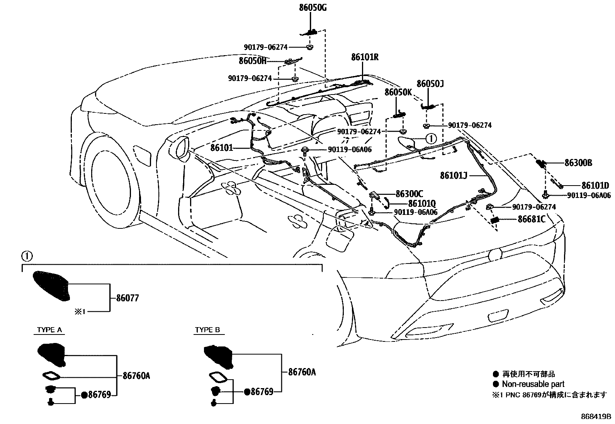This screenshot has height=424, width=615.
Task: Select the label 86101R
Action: [x=364, y=57]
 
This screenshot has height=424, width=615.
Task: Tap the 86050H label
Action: [x=252, y=61]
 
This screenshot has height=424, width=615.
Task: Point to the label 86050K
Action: [x=398, y=92]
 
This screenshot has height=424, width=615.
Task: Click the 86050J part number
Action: [x=430, y=84]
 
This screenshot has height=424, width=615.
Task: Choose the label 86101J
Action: [x=454, y=176]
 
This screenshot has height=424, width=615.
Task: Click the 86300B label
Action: [x=578, y=163]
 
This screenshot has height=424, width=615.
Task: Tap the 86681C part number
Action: [x=532, y=219]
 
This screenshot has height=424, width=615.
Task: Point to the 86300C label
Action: [x=409, y=194]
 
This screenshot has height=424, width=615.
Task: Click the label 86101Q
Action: [x=422, y=203]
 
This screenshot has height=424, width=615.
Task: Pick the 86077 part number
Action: [x=127, y=298]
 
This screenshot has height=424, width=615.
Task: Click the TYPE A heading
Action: [x=49, y=330]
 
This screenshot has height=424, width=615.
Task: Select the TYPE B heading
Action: [x=207, y=330]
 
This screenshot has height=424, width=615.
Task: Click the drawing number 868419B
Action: [x=596, y=417]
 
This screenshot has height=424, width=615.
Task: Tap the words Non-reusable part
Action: [x=533, y=384]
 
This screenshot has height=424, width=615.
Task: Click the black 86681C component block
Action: [x=495, y=220]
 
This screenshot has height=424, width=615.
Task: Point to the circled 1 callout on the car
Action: [x=431, y=138]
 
